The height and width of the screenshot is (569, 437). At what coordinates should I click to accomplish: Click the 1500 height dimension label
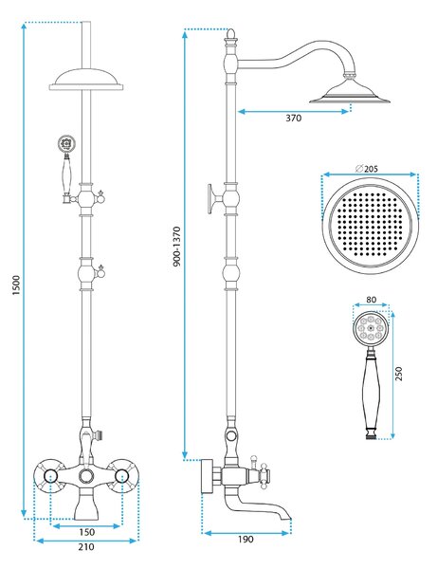pos(17,284)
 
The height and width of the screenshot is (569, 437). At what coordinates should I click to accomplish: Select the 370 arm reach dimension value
pos(294,118)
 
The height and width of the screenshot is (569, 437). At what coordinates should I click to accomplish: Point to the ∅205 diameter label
pos(367,169)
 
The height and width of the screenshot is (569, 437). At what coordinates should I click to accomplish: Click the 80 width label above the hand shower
pos(372,300)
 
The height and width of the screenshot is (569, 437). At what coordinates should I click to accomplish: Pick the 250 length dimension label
pos(398,374)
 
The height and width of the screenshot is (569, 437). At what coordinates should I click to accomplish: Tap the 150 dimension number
pos(86,532)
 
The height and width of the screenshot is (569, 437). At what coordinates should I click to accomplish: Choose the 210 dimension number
pos(86,546)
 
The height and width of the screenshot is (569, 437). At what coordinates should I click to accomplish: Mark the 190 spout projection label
pos(246,540)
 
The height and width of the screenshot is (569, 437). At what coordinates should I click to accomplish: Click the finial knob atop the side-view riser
pos(230,34)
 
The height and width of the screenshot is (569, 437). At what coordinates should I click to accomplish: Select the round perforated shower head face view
pos(371,226)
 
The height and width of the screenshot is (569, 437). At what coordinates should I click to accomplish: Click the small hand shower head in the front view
pos(66,144)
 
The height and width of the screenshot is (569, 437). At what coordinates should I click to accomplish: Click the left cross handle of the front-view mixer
pos(50,475)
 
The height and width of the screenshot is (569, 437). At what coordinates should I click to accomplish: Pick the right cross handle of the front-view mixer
pos(122,475)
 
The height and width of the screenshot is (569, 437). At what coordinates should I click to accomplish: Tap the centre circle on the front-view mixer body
pos(86,475)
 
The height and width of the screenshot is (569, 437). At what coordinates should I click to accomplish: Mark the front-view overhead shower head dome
pos(86,79)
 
